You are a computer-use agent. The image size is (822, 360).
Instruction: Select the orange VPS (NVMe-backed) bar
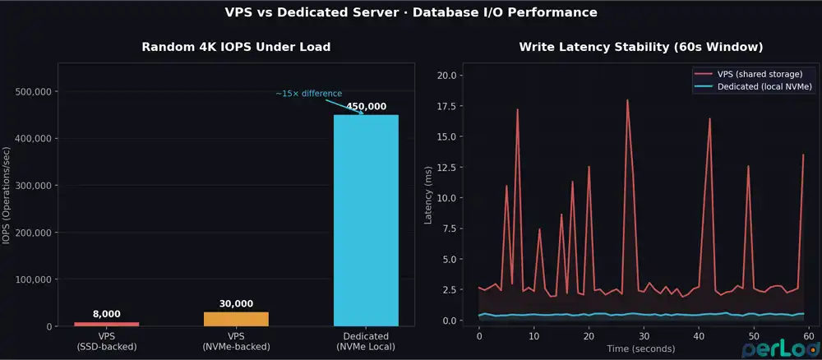(x=236, y=319)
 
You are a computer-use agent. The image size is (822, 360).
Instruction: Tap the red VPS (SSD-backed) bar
(x=107, y=324)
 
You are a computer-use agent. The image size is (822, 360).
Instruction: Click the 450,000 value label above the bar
(x=366, y=107)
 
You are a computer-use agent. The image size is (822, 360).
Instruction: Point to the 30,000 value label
(x=236, y=304)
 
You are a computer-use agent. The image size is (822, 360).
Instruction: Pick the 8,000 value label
(x=107, y=314)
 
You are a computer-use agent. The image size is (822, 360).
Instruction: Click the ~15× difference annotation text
(x=308, y=94)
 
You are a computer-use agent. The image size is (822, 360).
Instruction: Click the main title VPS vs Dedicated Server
(x=411, y=13)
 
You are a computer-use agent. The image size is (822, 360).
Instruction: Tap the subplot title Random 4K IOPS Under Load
(x=236, y=47)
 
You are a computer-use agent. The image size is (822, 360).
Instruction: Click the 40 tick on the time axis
(x=698, y=337)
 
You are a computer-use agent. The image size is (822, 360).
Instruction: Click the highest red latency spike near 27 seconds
(x=627, y=100)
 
